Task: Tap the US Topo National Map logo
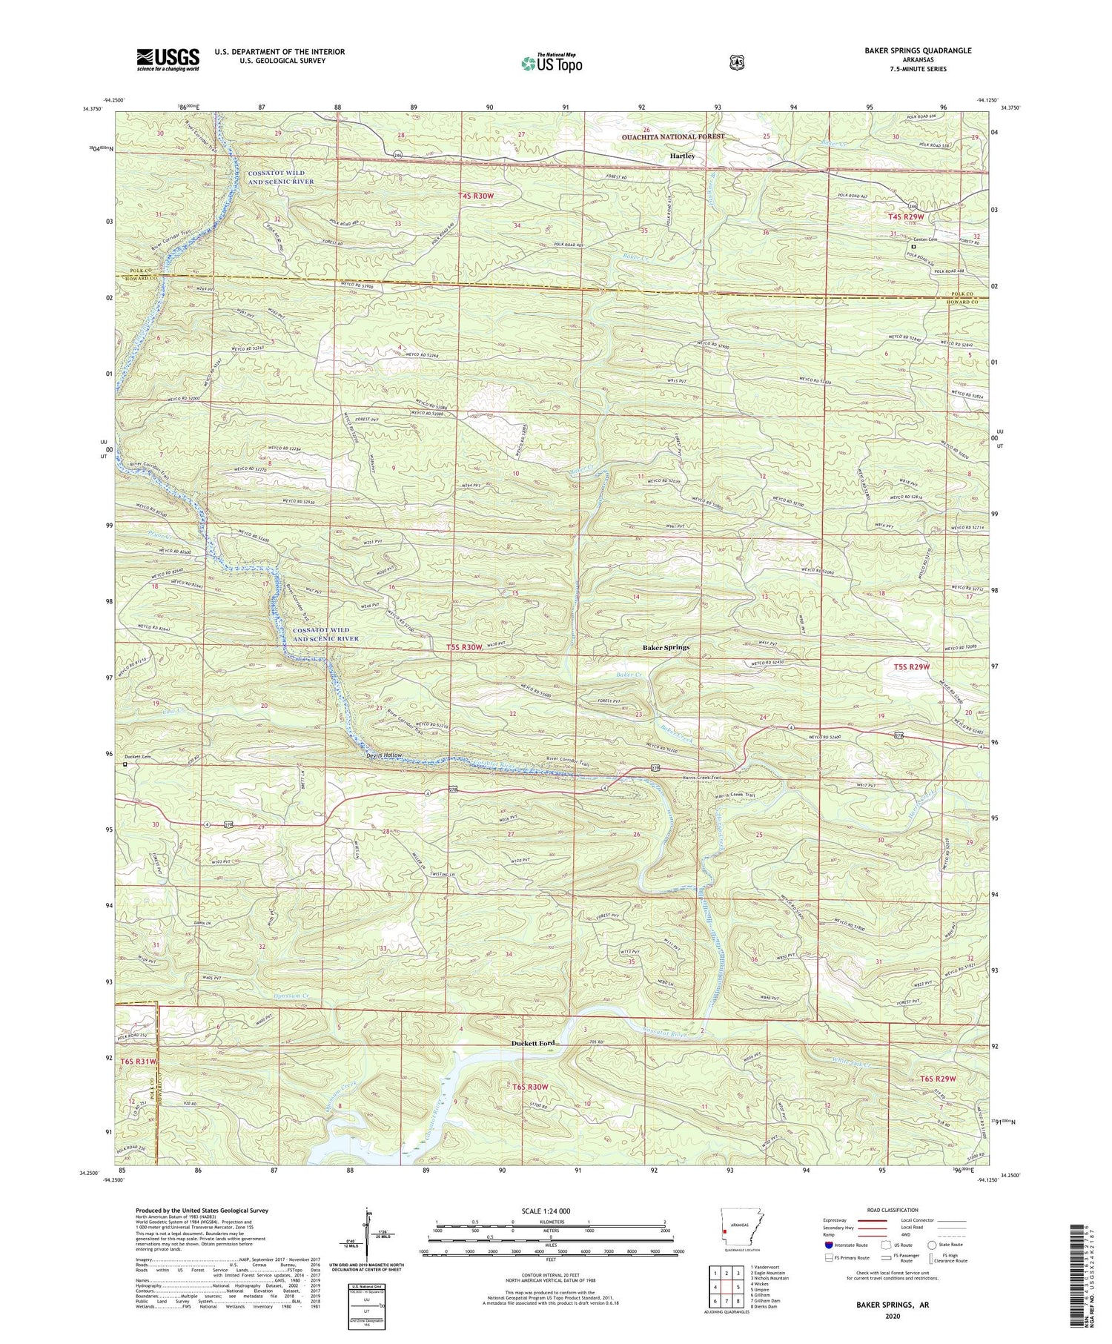[x=552, y=63]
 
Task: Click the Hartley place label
[x=682, y=156]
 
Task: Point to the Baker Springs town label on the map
[x=665, y=647]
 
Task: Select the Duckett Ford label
[x=532, y=1044]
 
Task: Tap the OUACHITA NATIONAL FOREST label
[x=674, y=137]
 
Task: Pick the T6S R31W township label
[x=139, y=1062]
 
